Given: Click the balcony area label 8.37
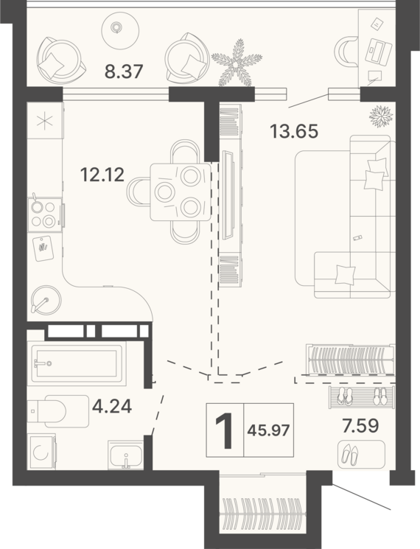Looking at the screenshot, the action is pyautogui.click(x=124, y=71).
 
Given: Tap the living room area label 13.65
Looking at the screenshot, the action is pyautogui.click(x=294, y=131).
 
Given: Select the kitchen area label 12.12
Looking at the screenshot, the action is pyautogui.click(x=102, y=175).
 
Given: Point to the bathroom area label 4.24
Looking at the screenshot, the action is pyautogui.click(x=112, y=407).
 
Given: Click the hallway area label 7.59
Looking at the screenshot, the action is pyautogui.click(x=361, y=425).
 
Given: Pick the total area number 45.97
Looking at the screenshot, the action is pyautogui.click(x=268, y=430).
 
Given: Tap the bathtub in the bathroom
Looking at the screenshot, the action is pyautogui.click(x=77, y=363).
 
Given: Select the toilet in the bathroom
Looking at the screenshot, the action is pyautogui.click(x=57, y=411).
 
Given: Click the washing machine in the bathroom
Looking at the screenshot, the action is pyautogui.click(x=41, y=451).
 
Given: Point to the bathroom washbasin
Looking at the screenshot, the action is pyautogui.click(x=126, y=454).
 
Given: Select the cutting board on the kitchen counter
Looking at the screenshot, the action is pyautogui.click(x=43, y=248).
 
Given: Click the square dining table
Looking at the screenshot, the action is pyautogui.click(x=181, y=192).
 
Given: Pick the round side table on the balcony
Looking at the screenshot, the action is pyautogui.click(x=120, y=28).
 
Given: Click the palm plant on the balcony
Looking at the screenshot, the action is pyautogui.click(x=237, y=63).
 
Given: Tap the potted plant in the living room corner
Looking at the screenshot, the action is pyautogui.click(x=381, y=116).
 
